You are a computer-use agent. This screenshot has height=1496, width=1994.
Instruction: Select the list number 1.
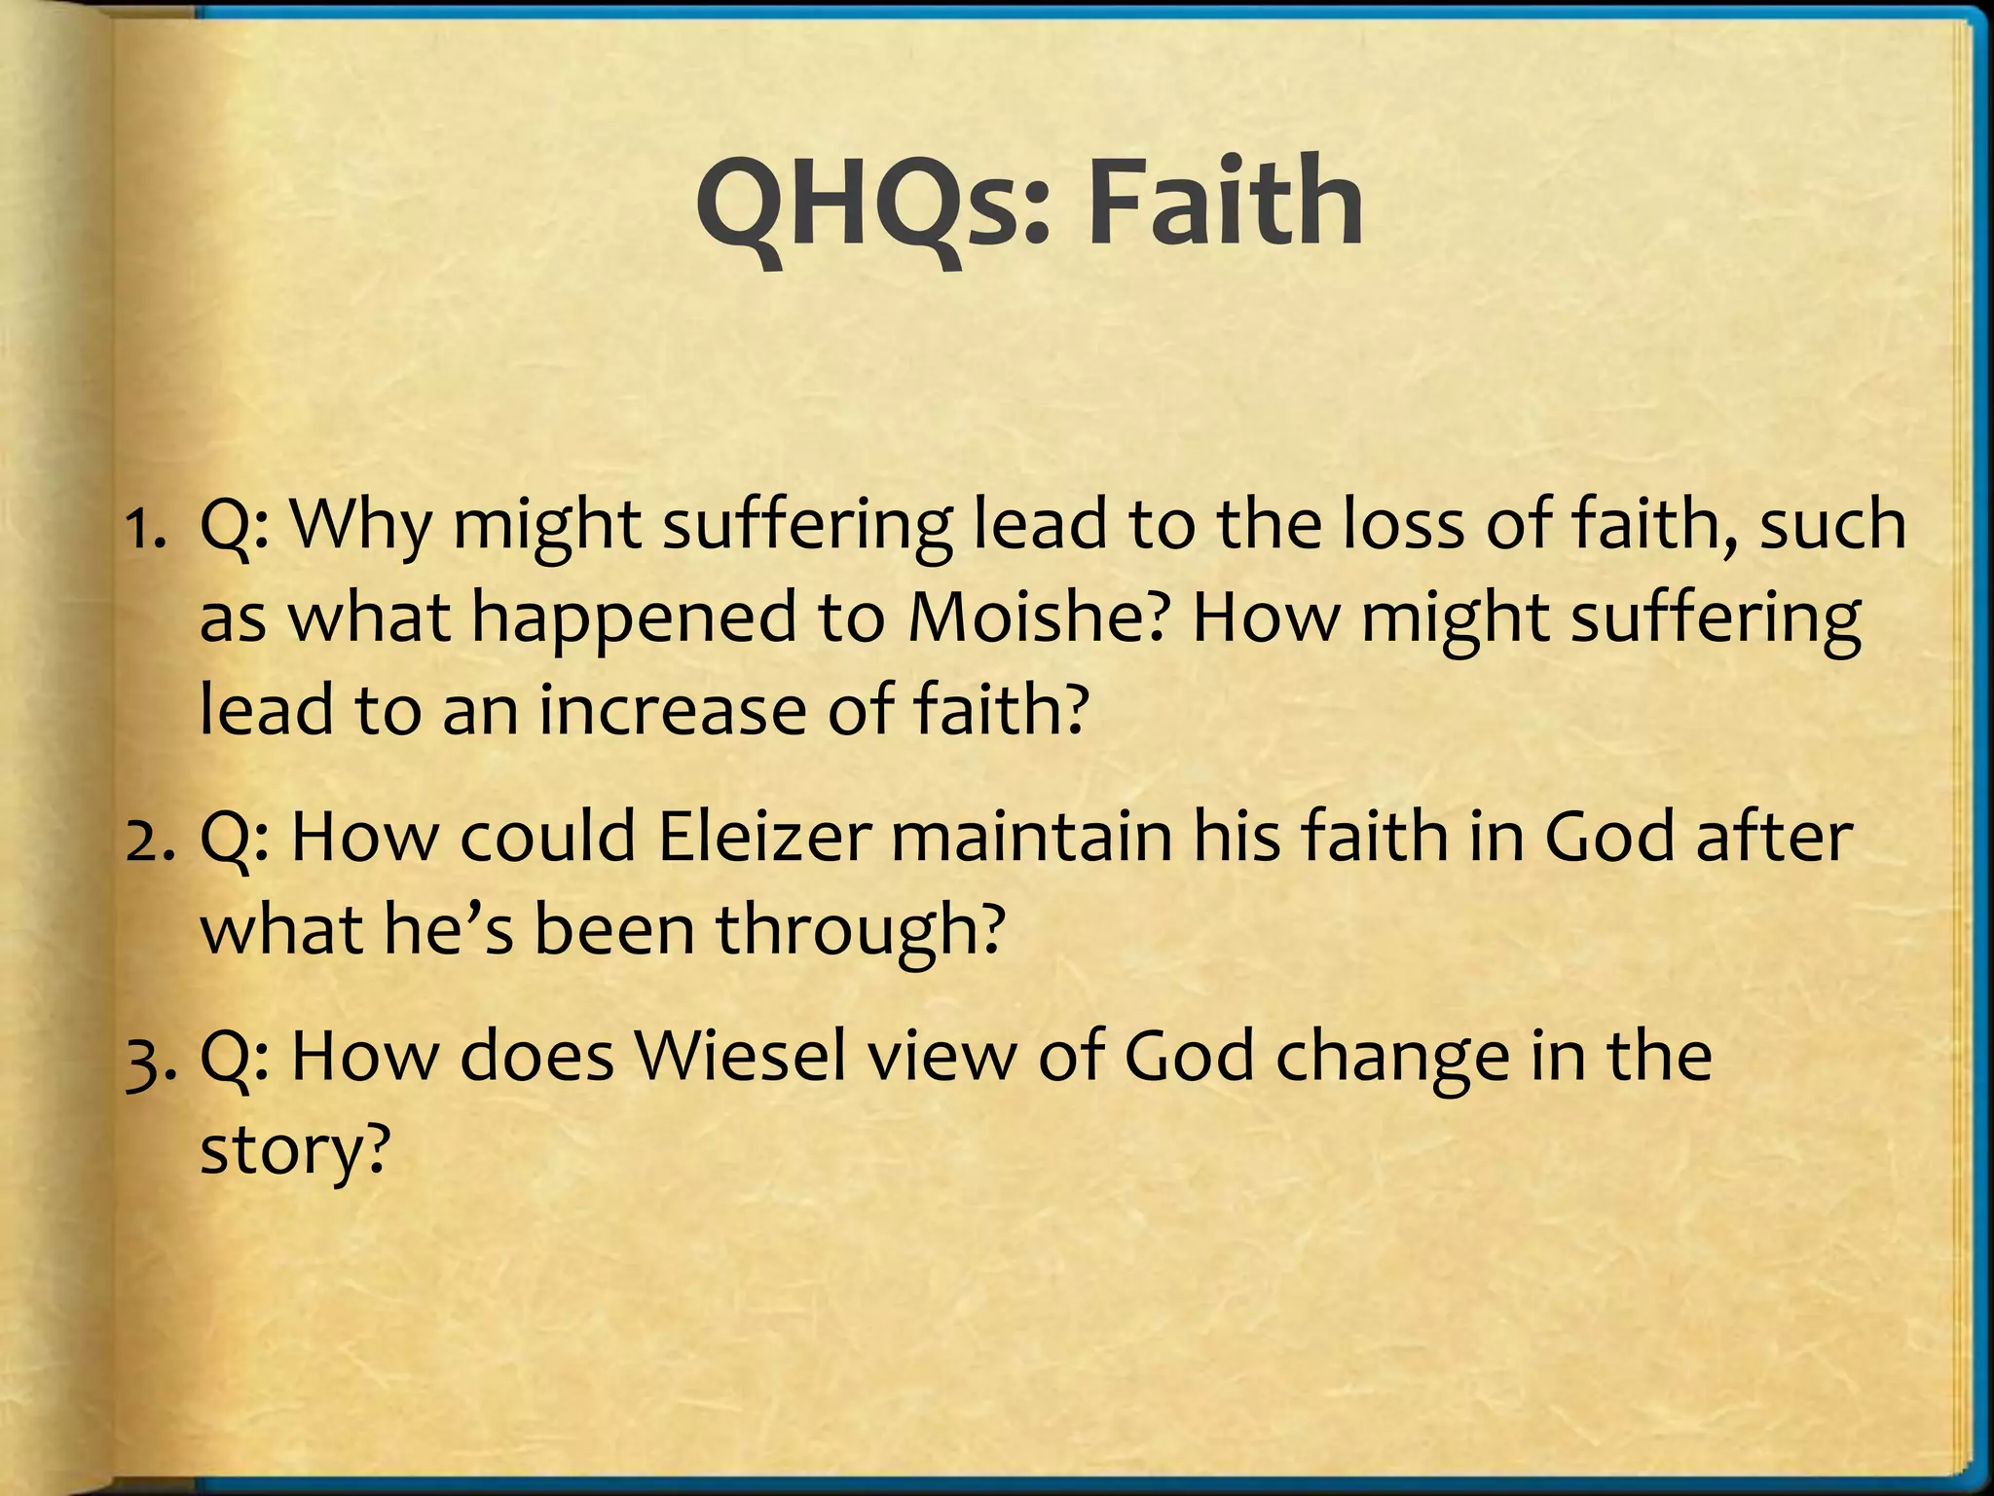click(x=146, y=527)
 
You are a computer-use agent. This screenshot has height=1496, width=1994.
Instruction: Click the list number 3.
click(x=149, y=1058)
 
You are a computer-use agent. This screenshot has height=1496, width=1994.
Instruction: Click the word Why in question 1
click(x=360, y=527)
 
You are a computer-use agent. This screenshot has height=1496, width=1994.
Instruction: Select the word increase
click(x=673, y=709)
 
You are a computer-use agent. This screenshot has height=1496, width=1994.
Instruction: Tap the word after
click(x=1773, y=838)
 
